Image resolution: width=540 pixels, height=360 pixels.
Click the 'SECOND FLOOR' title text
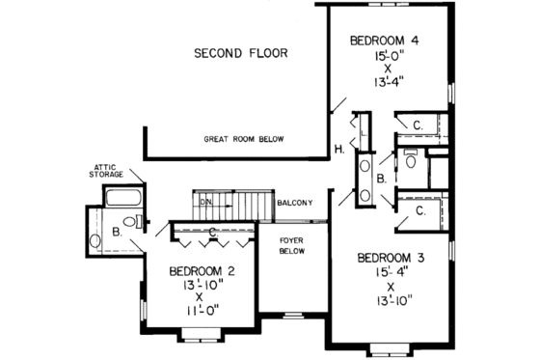[x=240, y=53]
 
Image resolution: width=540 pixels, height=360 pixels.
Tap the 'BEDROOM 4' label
[x=384, y=41]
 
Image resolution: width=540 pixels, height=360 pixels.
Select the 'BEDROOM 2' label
[x=202, y=270]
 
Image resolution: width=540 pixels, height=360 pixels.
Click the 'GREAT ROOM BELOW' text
[x=244, y=140]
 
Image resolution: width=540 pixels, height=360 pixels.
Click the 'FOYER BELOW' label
[x=292, y=245]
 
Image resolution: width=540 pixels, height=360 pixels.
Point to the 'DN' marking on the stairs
[x=204, y=202]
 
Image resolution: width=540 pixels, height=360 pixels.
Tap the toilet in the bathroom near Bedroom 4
[x=411, y=160]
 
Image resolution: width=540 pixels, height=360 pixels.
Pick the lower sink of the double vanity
[x=365, y=196]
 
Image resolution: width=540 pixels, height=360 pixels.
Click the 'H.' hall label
[x=339, y=148]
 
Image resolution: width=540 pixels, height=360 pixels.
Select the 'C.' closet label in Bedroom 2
[x=210, y=230]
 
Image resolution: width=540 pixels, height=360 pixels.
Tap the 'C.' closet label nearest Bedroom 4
[x=419, y=126]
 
